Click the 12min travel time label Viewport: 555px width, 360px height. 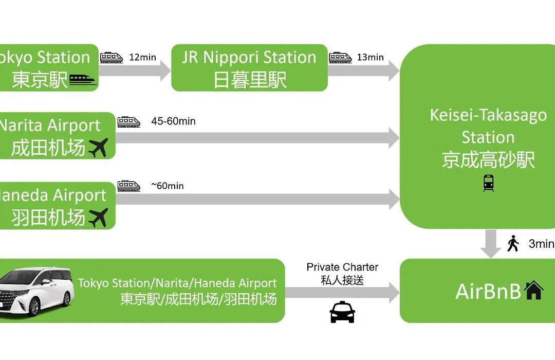point(142,57)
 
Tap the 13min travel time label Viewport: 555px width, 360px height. point(370,57)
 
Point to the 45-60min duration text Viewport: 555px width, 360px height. point(173,121)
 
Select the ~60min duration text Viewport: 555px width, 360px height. point(167,186)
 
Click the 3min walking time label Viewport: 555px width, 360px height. point(541,244)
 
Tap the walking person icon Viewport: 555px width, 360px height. point(513,243)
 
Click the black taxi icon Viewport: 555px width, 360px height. point(342,312)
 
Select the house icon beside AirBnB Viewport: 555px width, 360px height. point(533,291)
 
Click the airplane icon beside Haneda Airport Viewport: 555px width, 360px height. point(98,218)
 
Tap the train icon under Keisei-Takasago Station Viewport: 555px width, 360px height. point(488,183)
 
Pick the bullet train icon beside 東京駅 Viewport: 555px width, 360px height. point(83,80)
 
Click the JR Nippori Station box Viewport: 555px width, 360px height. point(249,68)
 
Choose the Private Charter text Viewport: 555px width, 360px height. point(342,267)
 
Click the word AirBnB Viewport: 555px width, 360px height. point(488,292)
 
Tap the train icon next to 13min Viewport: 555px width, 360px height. point(340,57)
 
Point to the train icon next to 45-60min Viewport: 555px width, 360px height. point(128,122)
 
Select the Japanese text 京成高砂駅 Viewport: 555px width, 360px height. point(488,160)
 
